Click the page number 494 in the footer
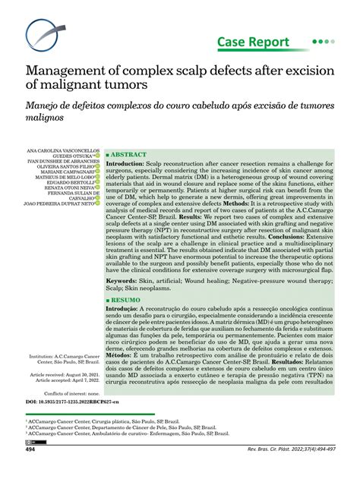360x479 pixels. (31, 471)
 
